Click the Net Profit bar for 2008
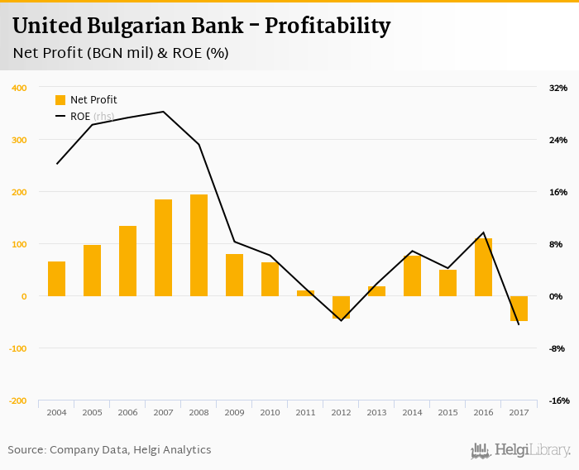pos(199,245)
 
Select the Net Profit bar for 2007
pos(163,247)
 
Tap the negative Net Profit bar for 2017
pos(519,308)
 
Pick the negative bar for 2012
pos(341,307)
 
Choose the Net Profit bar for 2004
pos(56,279)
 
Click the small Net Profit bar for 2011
pos(305,293)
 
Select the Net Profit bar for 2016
pos(483,267)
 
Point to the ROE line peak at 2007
pos(163,112)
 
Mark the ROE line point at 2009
pos(234,242)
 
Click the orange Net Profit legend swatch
pos(60,100)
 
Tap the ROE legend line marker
pos(60,117)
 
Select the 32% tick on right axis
pos(557,88)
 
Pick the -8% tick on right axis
pos(557,348)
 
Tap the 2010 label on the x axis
pos(270,413)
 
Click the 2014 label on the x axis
pos(412,413)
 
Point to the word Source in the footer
pos(26,450)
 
